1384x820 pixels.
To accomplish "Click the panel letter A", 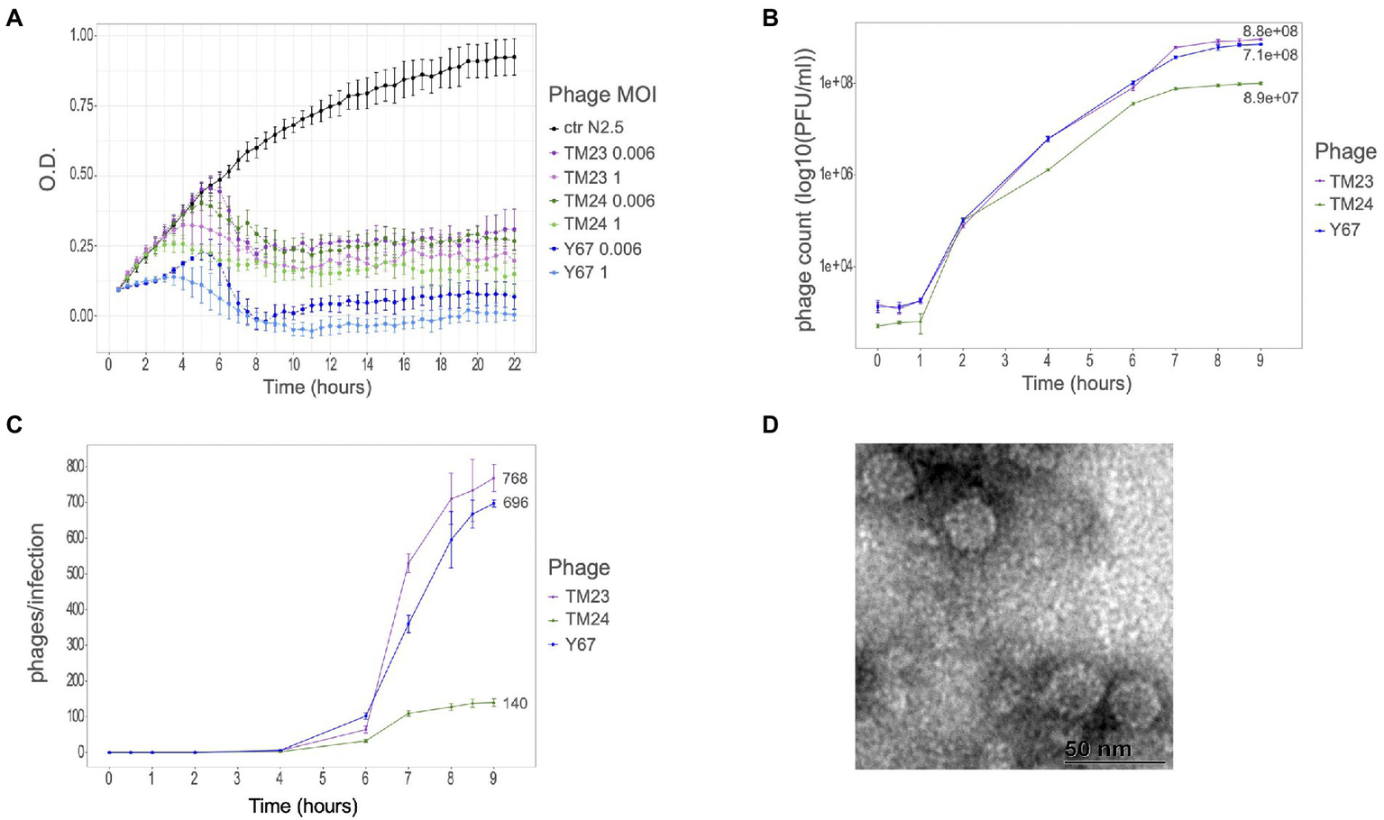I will (x=14, y=18).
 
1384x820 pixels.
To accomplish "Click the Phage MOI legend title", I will (x=602, y=94).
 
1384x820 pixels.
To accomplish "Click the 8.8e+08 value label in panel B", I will (x=1269, y=32).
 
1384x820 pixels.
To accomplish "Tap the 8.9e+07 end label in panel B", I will (x=1270, y=97).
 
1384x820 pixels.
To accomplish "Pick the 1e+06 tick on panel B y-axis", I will (x=836, y=174).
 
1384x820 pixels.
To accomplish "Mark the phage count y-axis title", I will (x=805, y=190).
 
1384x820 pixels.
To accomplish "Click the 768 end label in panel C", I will (x=515, y=478).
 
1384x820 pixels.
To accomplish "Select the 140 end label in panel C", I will (x=515, y=703).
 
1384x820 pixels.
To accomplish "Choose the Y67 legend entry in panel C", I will (x=580, y=644).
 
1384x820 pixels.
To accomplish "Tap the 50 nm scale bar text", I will (x=1097, y=749).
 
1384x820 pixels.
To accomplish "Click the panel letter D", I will (x=770, y=424).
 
